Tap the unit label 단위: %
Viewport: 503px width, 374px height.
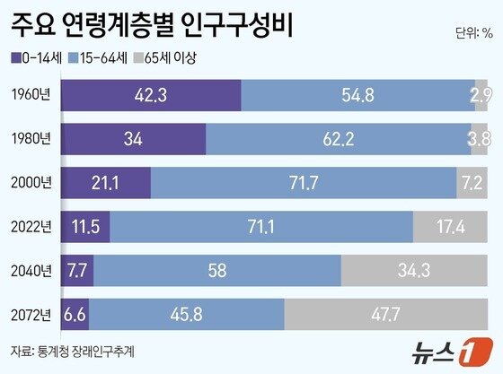473,34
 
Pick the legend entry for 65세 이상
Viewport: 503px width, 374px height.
164,58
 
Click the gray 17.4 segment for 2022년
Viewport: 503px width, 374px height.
452,227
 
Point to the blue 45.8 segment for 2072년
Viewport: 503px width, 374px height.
186,314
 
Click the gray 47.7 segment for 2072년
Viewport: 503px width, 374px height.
387,314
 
